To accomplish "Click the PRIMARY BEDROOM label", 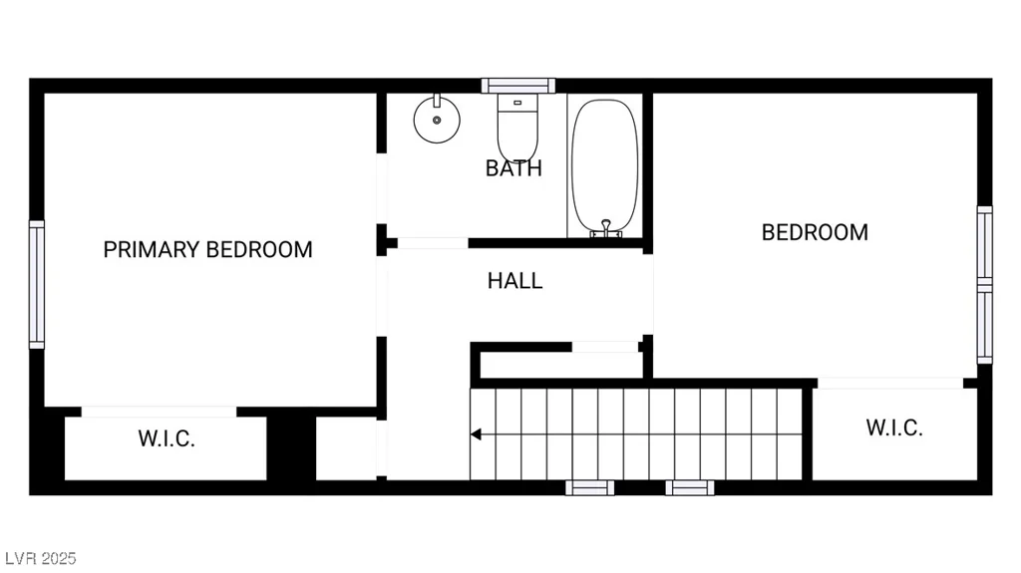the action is click(x=207, y=249).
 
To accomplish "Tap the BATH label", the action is click(x=513, y=168).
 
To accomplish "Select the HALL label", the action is click(x=515, y=281).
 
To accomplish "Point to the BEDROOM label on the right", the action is click(x=815, y=232).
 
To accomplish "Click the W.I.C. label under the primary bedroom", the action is click(x=167, y=438).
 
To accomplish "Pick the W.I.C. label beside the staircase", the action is click(x=894, y=428).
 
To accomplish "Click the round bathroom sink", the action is click(x=437, y=119).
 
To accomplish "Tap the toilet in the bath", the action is click(x=517, y=128).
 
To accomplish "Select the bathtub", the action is click(x=605, y=166).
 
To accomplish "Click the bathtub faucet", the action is click(x=606, y=228).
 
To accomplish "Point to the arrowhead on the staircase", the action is click(x=476, y=434).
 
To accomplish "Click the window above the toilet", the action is click(x=518, y=86).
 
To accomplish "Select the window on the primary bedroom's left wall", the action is click(x=37, y=284).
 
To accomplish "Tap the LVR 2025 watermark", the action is click(x=40, y=559).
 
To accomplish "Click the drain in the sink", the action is click(x=437, y=120).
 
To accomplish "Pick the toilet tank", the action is click(x=517, y=103).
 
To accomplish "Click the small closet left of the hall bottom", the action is click(x=346, y=448).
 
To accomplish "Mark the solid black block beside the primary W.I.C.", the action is click(x=291, y=448).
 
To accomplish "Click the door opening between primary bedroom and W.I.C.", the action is click(x=159, y=412).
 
